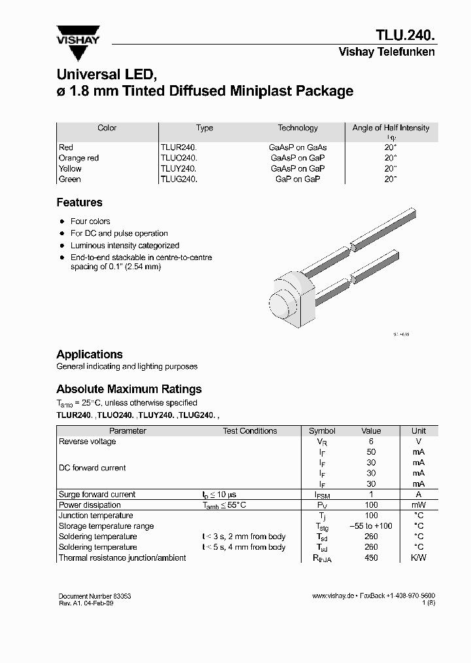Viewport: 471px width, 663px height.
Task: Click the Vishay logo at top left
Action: tap(77, 35)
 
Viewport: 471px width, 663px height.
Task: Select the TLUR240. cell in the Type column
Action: tap(179, 147)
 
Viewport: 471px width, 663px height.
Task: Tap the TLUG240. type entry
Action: tap(179, 179)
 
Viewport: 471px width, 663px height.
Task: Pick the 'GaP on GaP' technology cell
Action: tap(298, 179)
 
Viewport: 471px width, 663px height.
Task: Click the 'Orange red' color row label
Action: tap(78, 158)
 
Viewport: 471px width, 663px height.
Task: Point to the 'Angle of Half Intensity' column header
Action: tap(391, 128)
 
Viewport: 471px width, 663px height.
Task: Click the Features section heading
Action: tap(79, 202)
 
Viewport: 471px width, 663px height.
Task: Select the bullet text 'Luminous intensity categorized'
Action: tap(124, 245)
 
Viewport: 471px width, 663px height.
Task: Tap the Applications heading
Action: tap(90, 354)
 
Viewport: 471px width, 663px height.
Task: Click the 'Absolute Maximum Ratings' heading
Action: tap(129, 389)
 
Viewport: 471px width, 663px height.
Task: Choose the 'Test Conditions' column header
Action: tap(250, 431)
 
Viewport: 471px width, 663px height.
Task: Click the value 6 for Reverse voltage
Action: tap(371, 442)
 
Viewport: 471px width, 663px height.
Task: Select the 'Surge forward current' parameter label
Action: tap(97, 495)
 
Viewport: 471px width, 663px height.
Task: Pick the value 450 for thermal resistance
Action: tap(371, 558)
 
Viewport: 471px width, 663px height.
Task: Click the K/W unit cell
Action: tap(418, 558)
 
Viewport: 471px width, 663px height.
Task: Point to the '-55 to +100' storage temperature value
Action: tap(371, 526)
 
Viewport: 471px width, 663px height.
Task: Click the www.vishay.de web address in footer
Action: tap(333, 596)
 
